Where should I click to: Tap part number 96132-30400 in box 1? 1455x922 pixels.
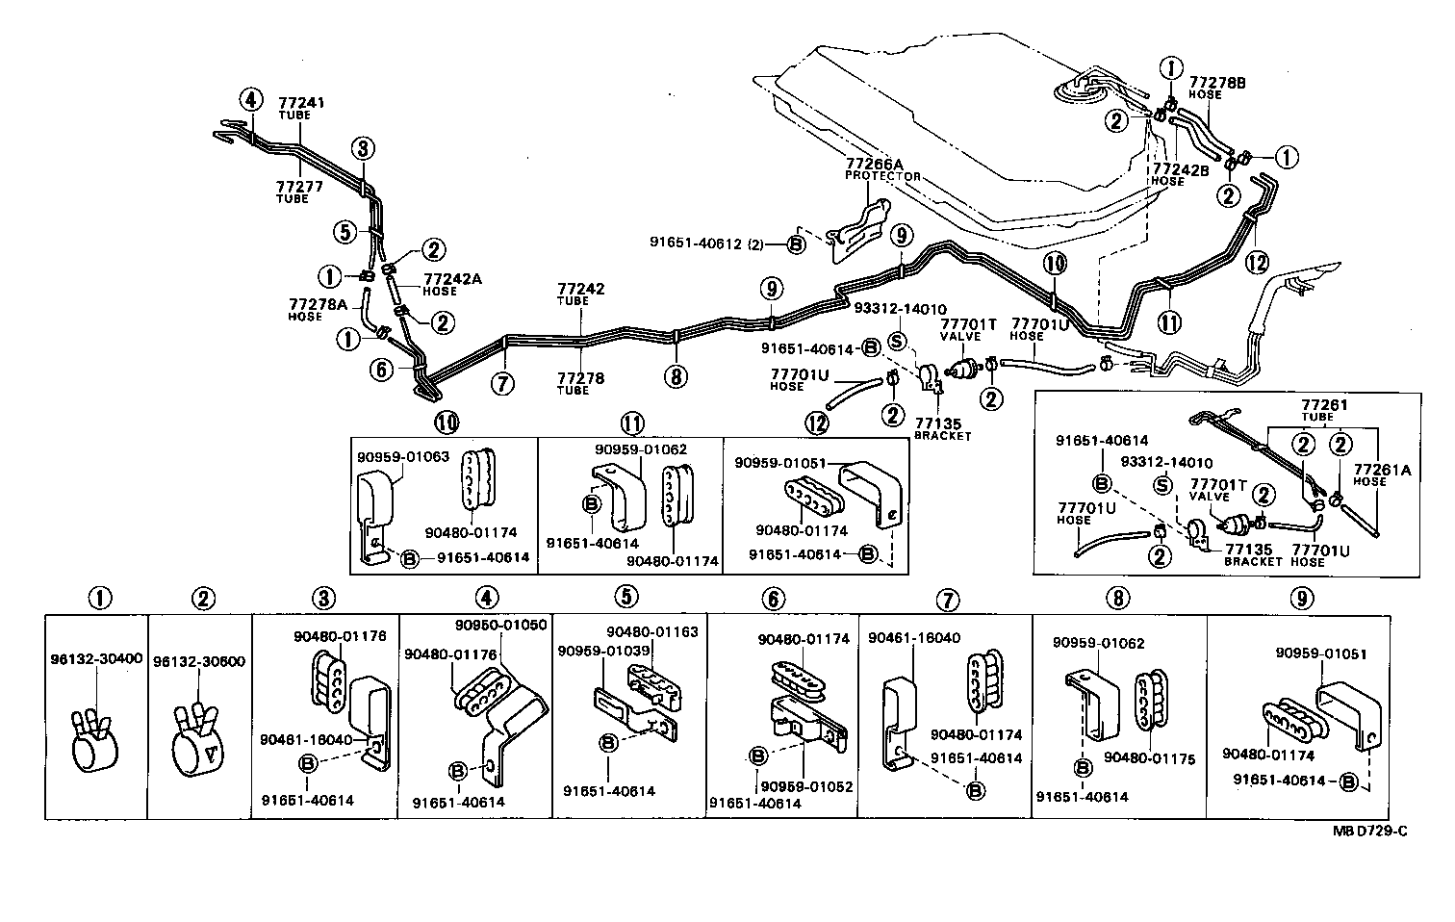[95, 659]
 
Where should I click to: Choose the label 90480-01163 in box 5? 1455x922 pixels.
[651, 632]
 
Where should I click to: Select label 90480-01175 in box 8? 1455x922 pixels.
[1149, 758]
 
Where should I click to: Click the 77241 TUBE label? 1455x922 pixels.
[294, 107]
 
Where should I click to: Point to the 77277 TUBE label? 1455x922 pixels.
[294, 192]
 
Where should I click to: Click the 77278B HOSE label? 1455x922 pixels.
[1218, 88]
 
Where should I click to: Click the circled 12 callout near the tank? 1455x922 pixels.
[1256, 261]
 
